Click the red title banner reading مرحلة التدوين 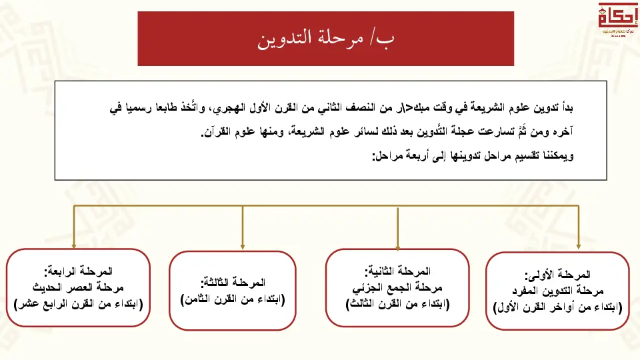(325, 38)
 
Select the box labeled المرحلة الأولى (557, 291)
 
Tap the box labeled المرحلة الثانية (397, 287)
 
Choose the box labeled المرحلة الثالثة (232, 291)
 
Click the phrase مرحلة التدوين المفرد (557, 291)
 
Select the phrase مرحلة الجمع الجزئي (397, 287)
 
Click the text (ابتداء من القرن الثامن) (232, 299)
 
